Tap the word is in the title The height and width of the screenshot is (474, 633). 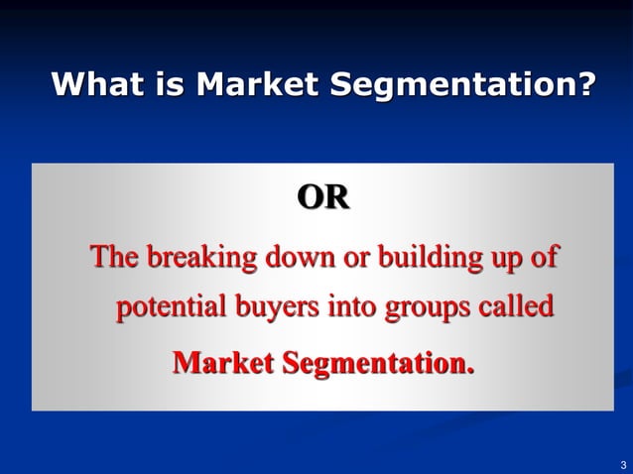point(169,85)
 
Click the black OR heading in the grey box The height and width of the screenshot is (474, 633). point(323,198)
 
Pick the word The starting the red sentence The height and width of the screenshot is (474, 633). point(115,258)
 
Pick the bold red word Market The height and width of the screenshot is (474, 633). point(223,363)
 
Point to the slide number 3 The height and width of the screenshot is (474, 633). point(622,463)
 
